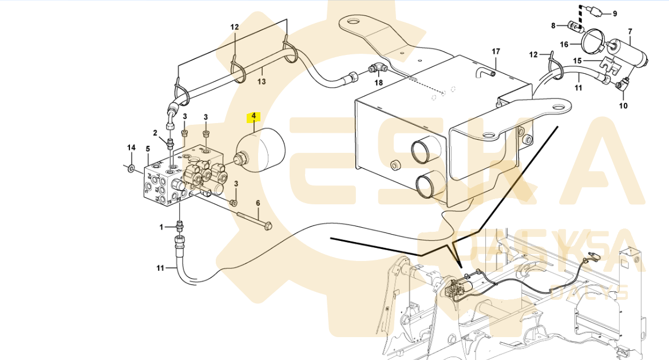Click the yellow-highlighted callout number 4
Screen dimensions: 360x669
253,116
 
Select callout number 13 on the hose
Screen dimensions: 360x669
262,82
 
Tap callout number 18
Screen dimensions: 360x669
378,82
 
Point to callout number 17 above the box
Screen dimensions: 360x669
496,52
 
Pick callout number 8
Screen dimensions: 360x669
553,25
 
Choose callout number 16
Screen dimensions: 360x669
564,44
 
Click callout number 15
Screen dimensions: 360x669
577,60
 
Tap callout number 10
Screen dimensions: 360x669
624,105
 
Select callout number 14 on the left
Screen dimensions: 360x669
131,148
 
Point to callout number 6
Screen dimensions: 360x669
258,203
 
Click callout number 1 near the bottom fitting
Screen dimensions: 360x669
161,227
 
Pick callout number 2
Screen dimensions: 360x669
155,133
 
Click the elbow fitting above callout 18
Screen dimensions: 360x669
378,69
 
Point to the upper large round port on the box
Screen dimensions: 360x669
424,152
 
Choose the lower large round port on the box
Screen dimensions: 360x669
427,185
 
